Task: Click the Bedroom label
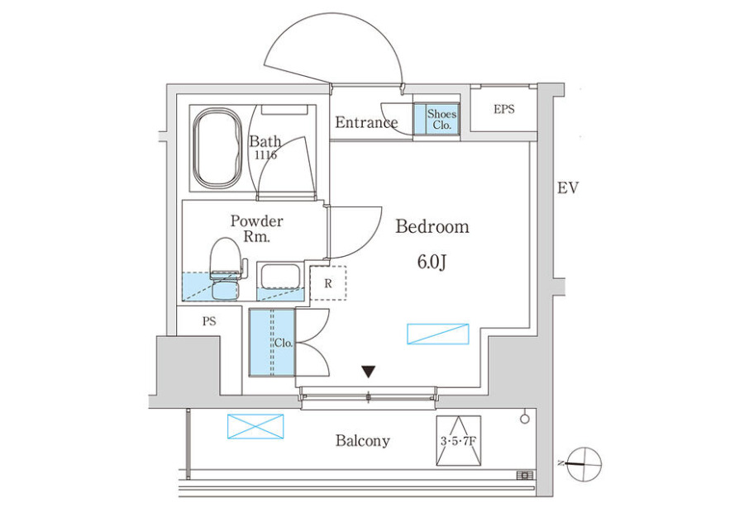(x=432, y=226)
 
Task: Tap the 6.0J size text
(x=432, y=262)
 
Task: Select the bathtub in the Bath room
(x=217, y=149)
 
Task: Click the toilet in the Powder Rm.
(x=227, y=268)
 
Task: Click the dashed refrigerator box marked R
(x=328, y=283)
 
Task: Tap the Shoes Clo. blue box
(x=436, y=119)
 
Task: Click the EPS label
(x=504, y=110)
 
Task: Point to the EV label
(x=568, y=188)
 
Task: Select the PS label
(x=209, y=321)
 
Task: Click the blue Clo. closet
(x=272, y=342)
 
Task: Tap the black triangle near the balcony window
(x=369, y=372)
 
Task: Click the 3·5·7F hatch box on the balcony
(x=458, y=441)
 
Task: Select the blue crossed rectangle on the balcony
(x=255, y=426)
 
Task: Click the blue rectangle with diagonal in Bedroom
(x=438, y=334)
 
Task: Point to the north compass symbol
(x=583, y=464)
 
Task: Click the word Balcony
(x=363, y=441)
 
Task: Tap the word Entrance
(x=366, y=123)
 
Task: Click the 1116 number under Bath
(x=265, y=154)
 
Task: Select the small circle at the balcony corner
(x=525, y=419)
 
